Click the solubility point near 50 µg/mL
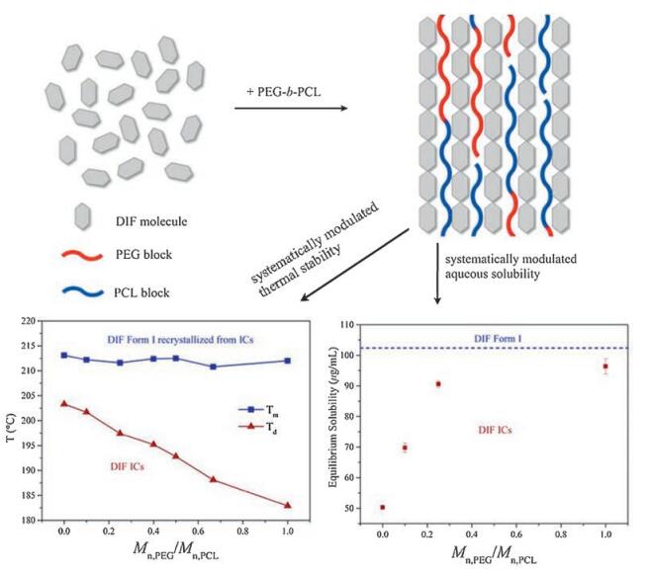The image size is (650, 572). [x=382, y=507]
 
